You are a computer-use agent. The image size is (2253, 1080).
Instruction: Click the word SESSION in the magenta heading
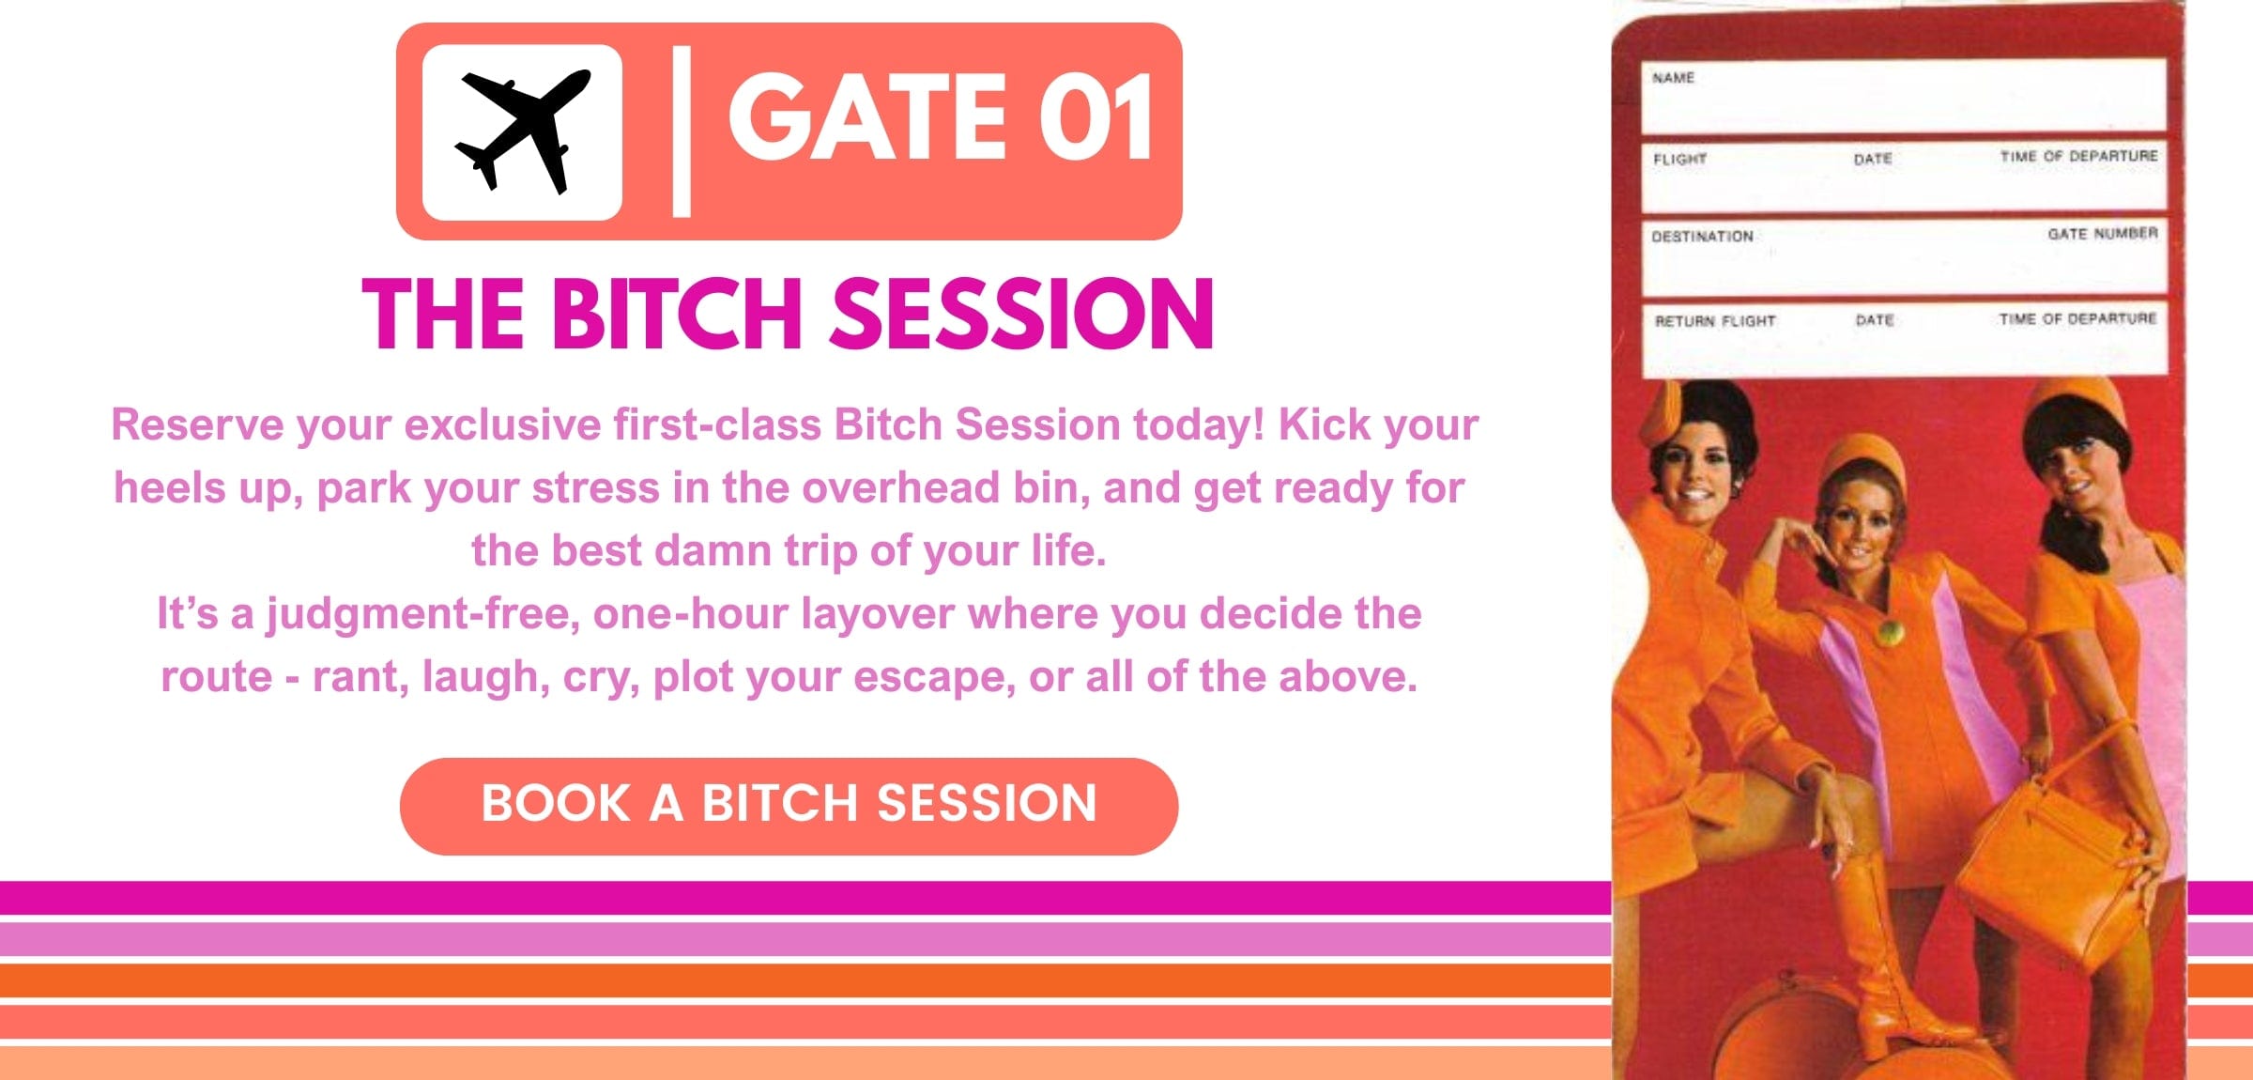coord(1022,314)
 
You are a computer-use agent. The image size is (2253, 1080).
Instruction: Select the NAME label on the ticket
coord(1673,78)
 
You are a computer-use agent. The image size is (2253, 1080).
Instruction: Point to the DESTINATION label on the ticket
coord(1702,237)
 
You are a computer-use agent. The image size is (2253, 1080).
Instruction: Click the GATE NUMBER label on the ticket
coord(2103,233)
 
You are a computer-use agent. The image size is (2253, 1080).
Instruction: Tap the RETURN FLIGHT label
coord(1715,321)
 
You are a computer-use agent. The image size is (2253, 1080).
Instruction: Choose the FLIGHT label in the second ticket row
coord(1679,159)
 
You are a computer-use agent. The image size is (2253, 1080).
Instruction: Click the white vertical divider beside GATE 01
coord(682,131)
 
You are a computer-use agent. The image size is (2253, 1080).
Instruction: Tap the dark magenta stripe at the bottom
coord(805,897)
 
